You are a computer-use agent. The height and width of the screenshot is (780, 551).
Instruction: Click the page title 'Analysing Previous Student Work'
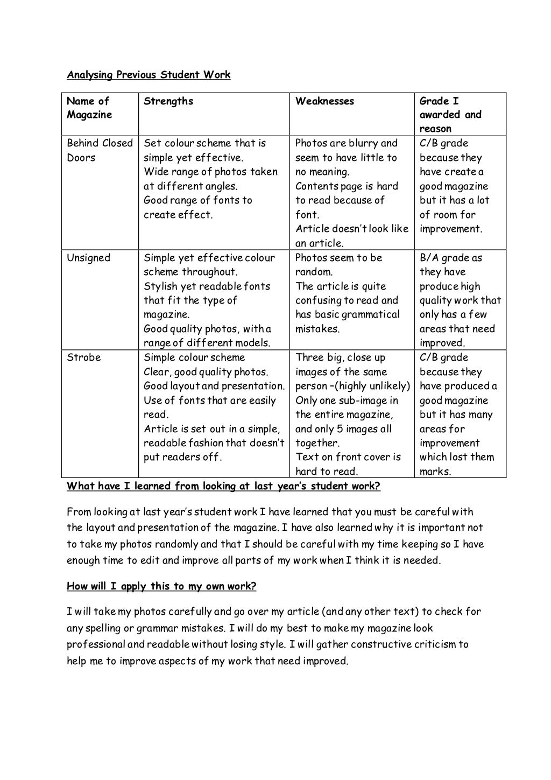point(149,75)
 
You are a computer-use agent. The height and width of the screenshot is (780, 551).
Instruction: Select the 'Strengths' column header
point(168,101)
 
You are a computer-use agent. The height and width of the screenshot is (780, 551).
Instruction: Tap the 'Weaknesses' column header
point(324,101)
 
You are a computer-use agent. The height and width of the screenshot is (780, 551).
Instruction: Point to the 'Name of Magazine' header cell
point(89,108)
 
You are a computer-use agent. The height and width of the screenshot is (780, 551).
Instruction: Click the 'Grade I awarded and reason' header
point(450,115)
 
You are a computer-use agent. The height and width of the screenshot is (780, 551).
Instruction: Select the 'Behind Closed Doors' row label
point(100,150)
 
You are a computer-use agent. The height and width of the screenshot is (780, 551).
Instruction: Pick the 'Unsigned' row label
point(88,258)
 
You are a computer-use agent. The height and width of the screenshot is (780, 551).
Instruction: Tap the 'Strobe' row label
point(83,357)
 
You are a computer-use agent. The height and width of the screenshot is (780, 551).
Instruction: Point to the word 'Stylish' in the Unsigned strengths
point(161,286)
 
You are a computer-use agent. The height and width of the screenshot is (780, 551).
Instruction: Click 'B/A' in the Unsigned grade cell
point(429,258)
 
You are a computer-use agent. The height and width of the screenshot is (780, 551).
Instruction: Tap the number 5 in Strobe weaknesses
point(342,429)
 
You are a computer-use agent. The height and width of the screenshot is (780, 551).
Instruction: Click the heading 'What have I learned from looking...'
point(223,487)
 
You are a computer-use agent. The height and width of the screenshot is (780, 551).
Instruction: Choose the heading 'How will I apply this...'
point(161,586)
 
